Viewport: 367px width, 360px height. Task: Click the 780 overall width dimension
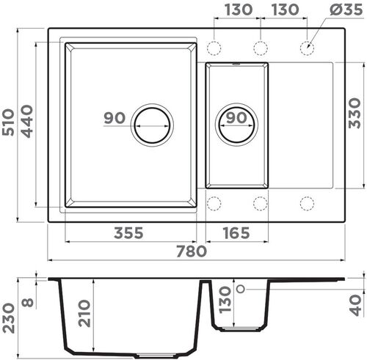click(x=191, y=251)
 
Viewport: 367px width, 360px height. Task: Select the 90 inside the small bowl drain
click(x=236, y=118)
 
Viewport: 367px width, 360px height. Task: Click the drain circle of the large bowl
click(x=152, y=122)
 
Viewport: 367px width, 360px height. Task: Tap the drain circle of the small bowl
click(x=236, y=122)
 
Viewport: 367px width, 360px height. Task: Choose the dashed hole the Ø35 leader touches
click(x=306, y=48)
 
